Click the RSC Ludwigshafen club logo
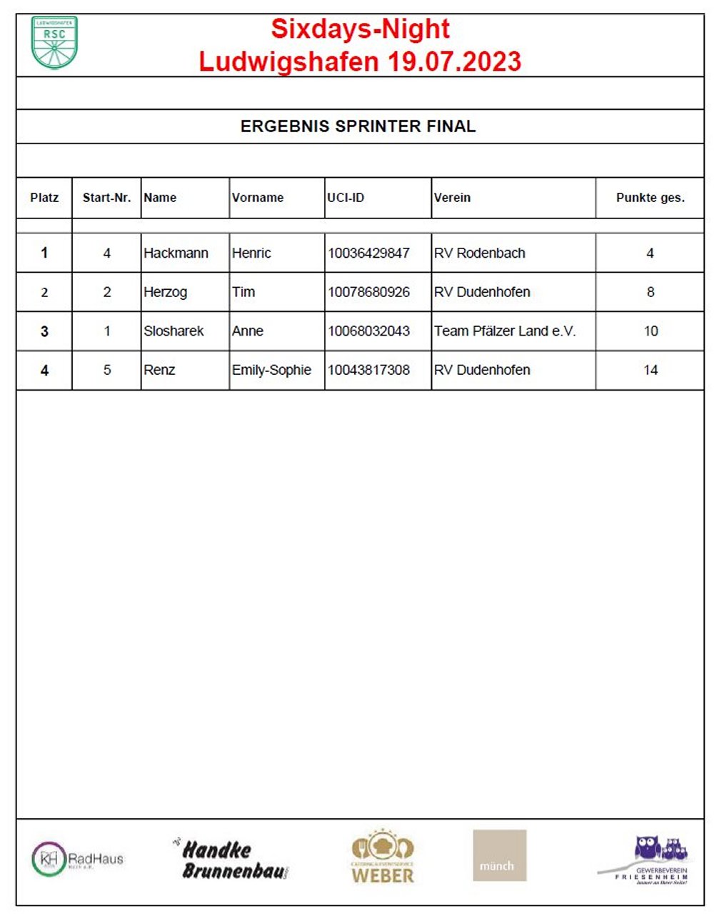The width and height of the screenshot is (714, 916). click(54, 42)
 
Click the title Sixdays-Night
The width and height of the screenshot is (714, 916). click(360, 29)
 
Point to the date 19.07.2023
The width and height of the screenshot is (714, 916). click(454, 61)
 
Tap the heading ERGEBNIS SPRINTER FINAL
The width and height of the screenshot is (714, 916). click(358, 126)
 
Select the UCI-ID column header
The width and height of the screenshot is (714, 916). click(346, 198)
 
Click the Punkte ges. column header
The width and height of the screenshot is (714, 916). click(650, 198)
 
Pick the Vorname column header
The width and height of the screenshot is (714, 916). click(258, 198)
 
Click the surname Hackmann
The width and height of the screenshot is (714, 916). click(176, 253)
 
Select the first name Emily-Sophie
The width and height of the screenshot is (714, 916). click(271, 370)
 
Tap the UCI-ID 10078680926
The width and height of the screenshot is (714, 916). click(368, 292)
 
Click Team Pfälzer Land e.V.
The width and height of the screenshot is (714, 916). click(504, 331)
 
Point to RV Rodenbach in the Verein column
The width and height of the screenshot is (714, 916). click(479, 253)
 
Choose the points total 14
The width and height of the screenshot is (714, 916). click(650, 370)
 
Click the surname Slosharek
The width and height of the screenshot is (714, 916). click(174, 331)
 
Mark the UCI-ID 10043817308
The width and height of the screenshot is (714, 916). click(368, 370)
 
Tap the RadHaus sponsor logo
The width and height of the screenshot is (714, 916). click(77, 859)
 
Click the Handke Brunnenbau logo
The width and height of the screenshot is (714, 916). click(231, 859)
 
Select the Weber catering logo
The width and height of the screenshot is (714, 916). click(382, 857)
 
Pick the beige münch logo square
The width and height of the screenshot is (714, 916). click(499, 855)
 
